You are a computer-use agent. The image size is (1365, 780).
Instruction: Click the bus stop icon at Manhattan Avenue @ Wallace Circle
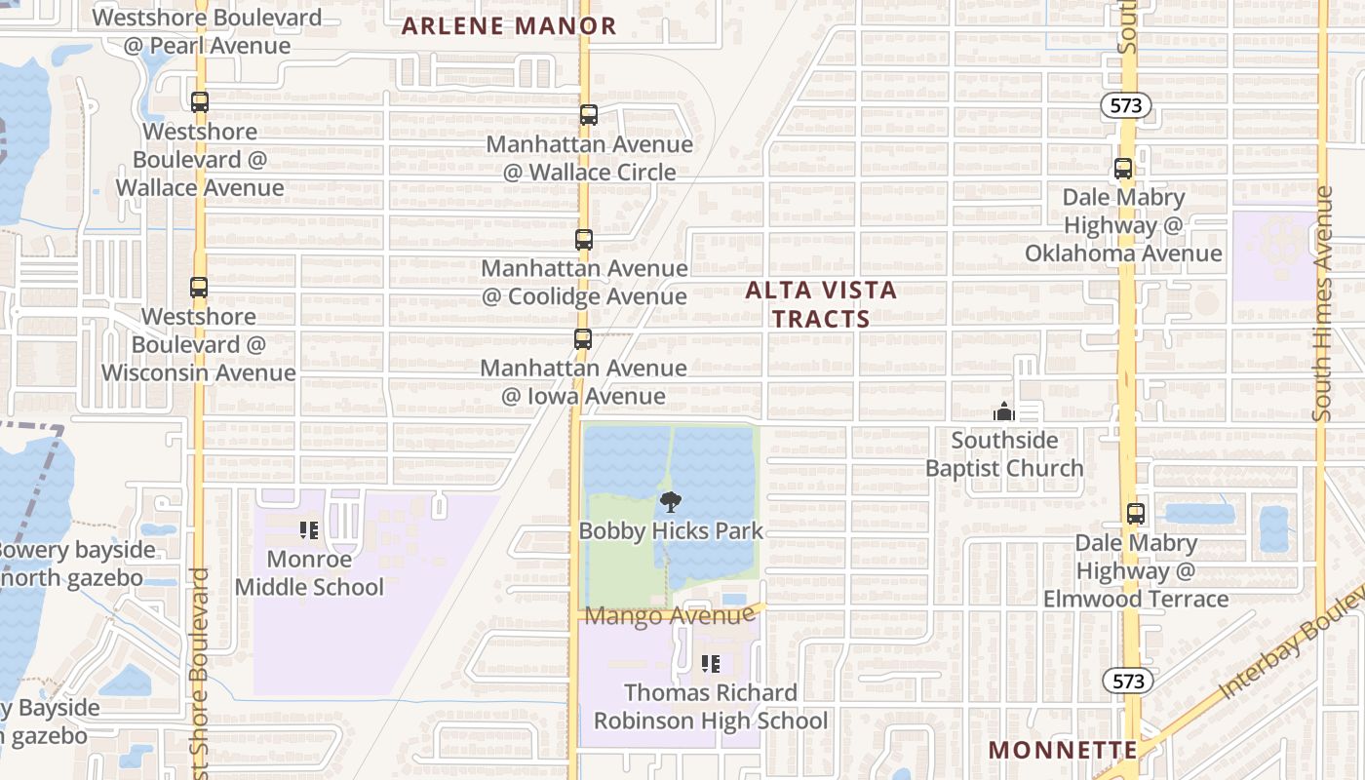[588, 115]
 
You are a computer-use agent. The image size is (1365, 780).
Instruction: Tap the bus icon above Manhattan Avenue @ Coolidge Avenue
[583, 239]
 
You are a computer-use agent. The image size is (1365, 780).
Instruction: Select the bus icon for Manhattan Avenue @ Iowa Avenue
[582, 339]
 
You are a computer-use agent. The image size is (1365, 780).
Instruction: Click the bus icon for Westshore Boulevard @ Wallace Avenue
[200, 102]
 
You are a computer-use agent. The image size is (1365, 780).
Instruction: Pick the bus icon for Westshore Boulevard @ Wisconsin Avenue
[199, 288]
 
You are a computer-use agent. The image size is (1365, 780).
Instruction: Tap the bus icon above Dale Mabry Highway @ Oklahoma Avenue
[1123, 169]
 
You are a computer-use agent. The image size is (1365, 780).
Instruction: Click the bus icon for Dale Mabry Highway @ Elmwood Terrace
[1135, 514]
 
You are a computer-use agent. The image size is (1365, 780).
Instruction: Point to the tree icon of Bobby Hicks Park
[671, 503]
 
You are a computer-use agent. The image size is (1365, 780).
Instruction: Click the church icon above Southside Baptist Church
[1004, 411]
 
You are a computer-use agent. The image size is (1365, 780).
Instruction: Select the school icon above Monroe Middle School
[309, 531]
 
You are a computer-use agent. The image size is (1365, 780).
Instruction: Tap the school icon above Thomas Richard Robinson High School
[711, 664]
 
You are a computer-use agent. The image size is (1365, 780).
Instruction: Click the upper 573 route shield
[1128, 106]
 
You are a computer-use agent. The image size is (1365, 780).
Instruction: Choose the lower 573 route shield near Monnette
[1128, 681]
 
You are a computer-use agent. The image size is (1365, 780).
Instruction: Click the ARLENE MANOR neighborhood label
[509, 26]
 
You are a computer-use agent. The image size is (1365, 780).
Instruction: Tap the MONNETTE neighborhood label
[1062, 750]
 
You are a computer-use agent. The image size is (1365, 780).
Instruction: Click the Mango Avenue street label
[669, 616]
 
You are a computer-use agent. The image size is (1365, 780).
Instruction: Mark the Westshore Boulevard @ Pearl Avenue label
[207, 31]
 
